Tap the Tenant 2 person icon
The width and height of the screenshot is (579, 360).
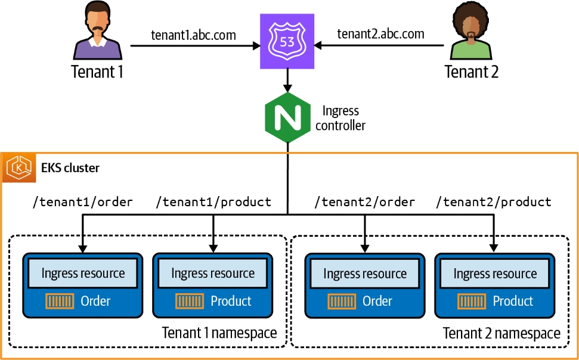click(471, 33)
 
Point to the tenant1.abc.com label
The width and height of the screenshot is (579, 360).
click(193, 35)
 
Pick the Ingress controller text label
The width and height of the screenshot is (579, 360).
click(340, 118)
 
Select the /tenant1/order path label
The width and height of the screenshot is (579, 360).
click(82, 202)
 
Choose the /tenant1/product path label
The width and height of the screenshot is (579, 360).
click(213, 202)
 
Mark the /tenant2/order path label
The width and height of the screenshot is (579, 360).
click(364, 202)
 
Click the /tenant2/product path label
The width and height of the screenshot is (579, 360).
click(494, 202)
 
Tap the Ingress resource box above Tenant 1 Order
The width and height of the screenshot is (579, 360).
click(83, 273)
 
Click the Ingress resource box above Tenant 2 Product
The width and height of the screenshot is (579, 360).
click(495, 274)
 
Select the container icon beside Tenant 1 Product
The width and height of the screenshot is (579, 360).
click(190, 301)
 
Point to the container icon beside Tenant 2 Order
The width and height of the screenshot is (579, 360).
click(342, 301)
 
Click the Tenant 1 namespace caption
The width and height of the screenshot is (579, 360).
click(219, 333)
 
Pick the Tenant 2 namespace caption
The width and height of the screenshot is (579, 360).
click(501, 333)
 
